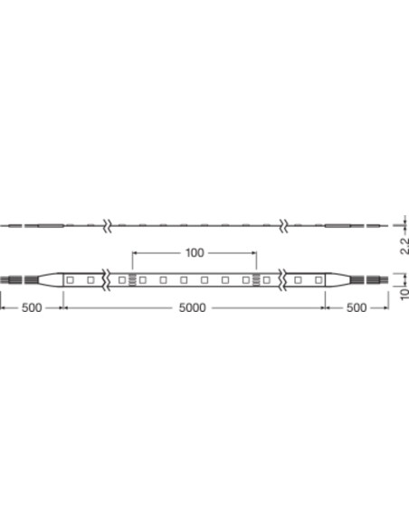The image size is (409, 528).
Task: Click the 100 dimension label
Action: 195,253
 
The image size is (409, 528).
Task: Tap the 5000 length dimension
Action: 192,307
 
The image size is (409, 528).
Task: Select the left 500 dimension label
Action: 32,307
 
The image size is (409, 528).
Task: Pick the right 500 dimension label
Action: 357,307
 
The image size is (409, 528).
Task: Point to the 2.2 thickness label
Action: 404,246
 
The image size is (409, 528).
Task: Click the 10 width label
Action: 404,293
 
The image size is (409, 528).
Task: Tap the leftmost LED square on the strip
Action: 70,280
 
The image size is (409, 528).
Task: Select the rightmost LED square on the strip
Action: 319,280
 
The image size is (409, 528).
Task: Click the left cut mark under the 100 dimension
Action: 132,280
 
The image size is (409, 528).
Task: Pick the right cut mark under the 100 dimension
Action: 257,280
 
